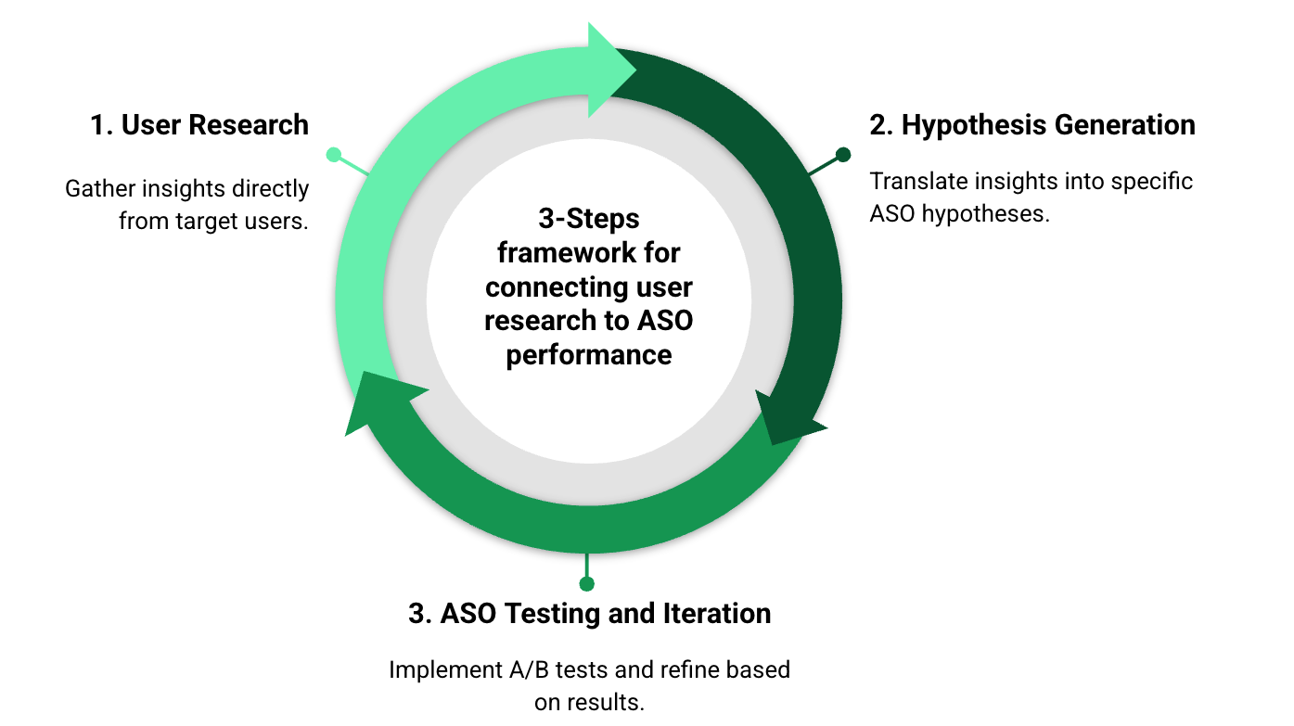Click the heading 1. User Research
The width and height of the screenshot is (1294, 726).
coord(199,125)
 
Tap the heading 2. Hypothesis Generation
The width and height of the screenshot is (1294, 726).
coord(1032,126)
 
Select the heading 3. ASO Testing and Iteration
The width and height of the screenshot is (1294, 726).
coord(589,614)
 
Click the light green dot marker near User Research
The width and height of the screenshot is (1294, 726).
coord(333,155)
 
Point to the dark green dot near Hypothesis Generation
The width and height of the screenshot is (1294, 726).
coord(843,155)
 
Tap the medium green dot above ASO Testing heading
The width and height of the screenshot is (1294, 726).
coord(587,584)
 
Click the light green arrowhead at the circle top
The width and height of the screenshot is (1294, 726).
coord(609,70)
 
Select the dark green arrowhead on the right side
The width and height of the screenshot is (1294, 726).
coord(788,419)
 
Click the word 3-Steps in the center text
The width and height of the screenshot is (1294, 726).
coord(589,219)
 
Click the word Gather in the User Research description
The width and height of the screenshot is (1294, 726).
coord(99,189)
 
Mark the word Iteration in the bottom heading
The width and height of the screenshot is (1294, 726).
coord(716,614)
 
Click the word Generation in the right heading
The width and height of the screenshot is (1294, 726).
coord(1125,125)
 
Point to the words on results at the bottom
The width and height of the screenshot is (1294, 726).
coord(589,703)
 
